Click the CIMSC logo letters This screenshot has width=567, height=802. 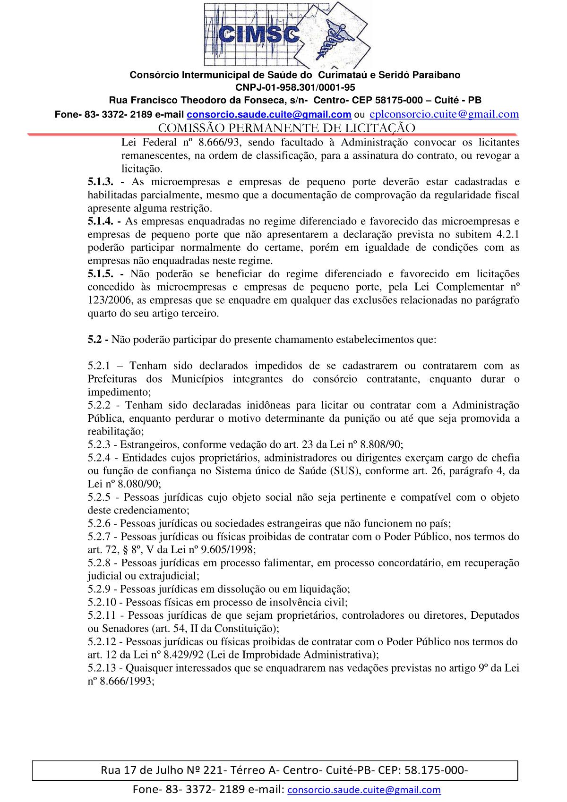tap(259, 34)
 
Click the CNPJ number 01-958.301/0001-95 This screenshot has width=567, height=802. tap(295, 87)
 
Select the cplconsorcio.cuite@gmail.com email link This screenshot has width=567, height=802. tap(444, 114)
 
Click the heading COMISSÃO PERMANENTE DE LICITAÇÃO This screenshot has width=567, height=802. tap(286, 128)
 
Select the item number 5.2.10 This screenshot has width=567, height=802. tap(103, 602)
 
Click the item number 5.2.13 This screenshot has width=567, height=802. tap(103, 668)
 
